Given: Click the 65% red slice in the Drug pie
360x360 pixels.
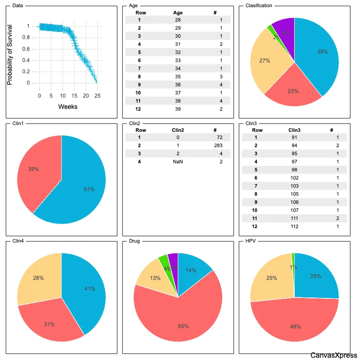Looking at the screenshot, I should (x=180, y=319).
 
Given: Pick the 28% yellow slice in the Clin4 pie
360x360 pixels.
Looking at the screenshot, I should (x=40, y=279).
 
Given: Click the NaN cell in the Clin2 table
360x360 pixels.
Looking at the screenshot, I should (x=178, y=161).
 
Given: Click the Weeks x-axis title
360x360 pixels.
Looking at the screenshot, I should (x=68, y=107).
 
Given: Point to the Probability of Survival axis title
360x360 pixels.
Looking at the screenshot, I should (x=9, y=54).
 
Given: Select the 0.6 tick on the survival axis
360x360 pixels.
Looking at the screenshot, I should (x=30, y=49).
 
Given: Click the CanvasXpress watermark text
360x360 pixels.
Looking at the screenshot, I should (x=333, y=355).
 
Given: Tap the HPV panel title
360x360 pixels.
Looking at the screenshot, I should (x=251, y=241).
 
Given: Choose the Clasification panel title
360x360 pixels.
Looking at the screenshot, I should (x=259, y=6).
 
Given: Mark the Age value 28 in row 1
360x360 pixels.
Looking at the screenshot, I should (x=178, y=20).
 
